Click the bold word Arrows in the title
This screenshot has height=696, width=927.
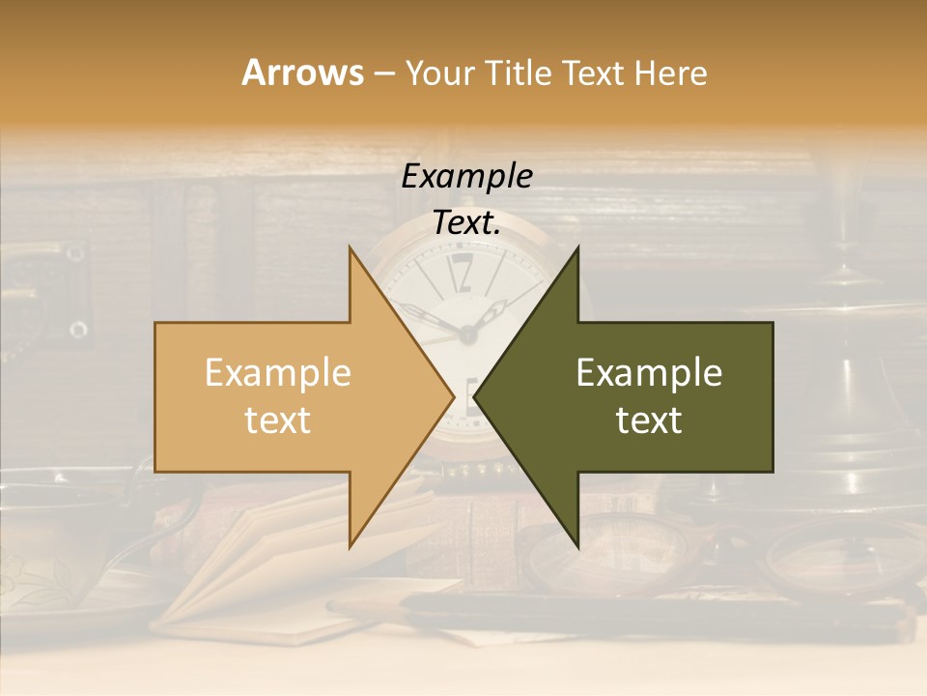click(x=302, y=72)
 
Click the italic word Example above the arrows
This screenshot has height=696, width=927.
click(x=466, y=177)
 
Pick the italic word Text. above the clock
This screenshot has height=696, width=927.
click(x=466, y=223)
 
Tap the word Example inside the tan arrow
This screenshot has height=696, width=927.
click(x=277, y=373)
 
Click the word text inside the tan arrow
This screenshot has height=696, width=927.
click(x=277, y=420)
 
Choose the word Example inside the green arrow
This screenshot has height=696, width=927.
click(x=649, y=373)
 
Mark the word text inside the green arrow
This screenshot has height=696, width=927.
click(x=649, y=420)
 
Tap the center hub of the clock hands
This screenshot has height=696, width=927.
click(x=467, y=334)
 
